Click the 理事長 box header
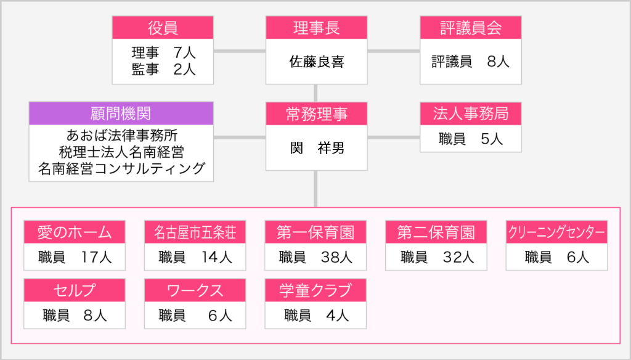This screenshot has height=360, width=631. click(x=316, y=28)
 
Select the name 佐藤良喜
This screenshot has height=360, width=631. click(x=317, y=62)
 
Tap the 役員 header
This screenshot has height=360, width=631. click(x=163, y=28)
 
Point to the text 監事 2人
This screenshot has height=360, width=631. click(x=163, y=69)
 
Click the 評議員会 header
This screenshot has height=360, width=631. click(x=470, y=28)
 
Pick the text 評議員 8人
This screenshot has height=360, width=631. click(x=470, y=62)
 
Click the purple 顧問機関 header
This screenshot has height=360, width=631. click(x=121, y=113)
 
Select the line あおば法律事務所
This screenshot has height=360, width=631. click(x=121, y=135)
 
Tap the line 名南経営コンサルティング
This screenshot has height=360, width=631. click(x=121, y=168)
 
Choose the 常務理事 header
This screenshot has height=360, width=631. click(x=316, y=114)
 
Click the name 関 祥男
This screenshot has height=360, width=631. click(x=317, y=148)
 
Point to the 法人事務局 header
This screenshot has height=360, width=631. click(x=470, y=114)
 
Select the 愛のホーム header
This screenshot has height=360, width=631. click(x=75, y=232)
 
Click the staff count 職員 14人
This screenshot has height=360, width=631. click(x=195, y=257)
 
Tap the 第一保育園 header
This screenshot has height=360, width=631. click(x=315, y=232)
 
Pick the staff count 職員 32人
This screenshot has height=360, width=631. click(x=437, y=257)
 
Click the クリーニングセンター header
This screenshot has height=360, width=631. click(x=556, y=232)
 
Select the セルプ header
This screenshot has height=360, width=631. click(x=75, y=290)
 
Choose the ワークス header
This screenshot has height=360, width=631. click(x=195, y=290)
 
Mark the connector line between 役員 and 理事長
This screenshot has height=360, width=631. click(x=240, y=51)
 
